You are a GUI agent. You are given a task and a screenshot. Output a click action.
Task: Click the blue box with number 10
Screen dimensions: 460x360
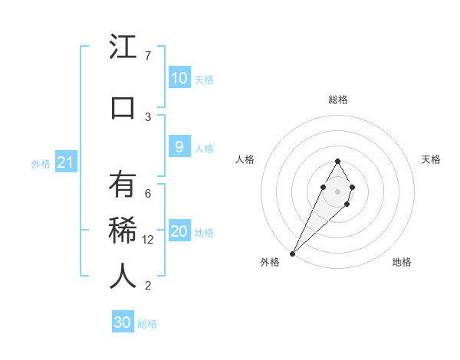(179, 78)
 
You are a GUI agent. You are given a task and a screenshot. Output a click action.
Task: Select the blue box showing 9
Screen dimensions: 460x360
(179, 147)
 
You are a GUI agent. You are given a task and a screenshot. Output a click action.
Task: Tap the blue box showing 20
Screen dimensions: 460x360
(179, 231)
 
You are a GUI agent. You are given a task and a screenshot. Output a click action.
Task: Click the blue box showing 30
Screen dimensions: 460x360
(123, 322)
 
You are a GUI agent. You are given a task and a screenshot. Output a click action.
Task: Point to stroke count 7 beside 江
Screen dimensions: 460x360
(147, 56)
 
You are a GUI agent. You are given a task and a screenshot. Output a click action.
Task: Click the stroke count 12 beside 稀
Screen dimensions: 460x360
(149, 240)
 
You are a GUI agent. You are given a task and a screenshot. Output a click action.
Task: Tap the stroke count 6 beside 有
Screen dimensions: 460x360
(147, 193)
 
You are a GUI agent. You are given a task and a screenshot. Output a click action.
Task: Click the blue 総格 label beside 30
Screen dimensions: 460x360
(147, 324)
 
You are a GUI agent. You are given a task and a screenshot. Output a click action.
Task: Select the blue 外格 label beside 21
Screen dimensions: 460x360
(41, 163)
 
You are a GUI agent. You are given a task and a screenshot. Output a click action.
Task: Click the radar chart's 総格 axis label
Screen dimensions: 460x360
(337, 100)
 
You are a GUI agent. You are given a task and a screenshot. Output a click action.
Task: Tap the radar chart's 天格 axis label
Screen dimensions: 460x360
(432, 159)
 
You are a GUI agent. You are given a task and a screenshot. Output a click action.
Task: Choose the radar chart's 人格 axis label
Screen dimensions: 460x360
(245, 159)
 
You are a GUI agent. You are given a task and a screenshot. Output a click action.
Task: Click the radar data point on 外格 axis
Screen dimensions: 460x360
(293, 253)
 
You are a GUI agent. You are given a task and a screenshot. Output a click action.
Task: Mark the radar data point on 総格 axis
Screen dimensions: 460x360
(337, 161)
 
